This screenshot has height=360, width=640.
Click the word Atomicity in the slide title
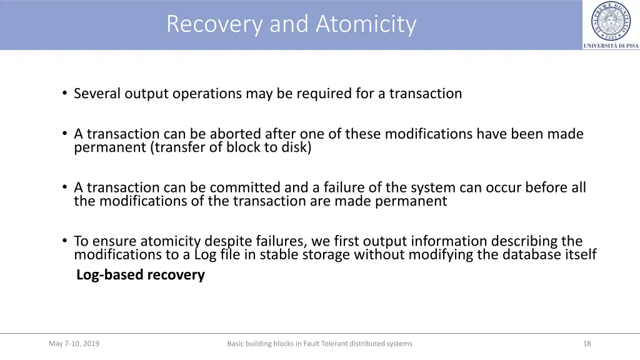click(x=366, y=24)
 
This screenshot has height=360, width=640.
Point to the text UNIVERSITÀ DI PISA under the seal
click(x=611, y=46)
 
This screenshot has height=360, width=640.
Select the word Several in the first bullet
click(x=97, y=94)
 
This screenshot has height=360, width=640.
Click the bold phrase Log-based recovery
click(x=140, y=275)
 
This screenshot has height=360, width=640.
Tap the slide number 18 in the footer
click(x=586, y=343)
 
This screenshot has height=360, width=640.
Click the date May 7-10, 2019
click(x=74, y=343)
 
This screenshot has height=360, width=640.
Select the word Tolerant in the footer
click(x=335, y=343)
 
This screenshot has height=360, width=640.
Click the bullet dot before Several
click(x=64, y=94)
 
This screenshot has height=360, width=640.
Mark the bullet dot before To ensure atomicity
click(x=64, y=241)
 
